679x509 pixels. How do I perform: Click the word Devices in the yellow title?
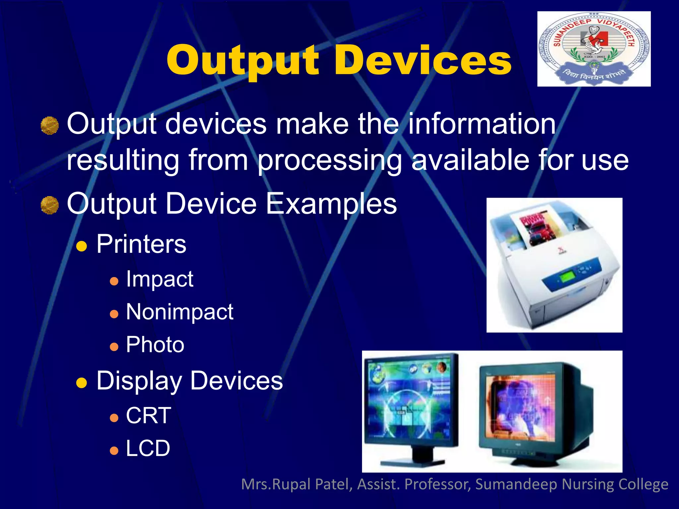pos(423,61)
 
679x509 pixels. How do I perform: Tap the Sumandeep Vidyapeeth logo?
pos(593,49)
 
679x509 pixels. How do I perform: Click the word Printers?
pos(141,244)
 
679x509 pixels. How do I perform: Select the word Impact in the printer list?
pos(159,279)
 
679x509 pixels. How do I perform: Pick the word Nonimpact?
pos(180,312)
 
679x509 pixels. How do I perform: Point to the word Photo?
pos(155,345)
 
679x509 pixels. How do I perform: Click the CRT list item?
pos(149,416)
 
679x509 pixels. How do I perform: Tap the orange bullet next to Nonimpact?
pos(114,314)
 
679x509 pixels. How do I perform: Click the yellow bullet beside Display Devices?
pos(82,383)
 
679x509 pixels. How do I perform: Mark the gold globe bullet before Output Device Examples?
pos(50,205)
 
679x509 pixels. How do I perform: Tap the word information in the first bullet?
pos(482,124)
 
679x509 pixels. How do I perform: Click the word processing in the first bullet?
pos(330,160)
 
